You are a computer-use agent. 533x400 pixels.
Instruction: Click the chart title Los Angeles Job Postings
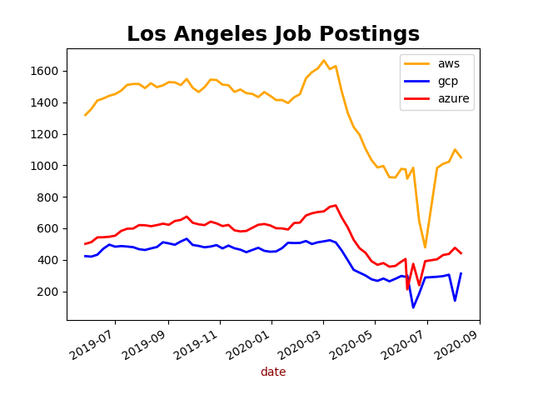(x=273, y=34)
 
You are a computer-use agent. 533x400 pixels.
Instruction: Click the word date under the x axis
(x=273, y=372)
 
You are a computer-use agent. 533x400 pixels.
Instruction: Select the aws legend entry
(x=448, y=64)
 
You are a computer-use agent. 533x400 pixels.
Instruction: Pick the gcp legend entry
(x=447, y=82)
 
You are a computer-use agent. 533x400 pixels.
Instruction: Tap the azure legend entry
(x=453, y=98)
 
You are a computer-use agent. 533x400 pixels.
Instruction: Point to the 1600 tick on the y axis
(x=49, y=71)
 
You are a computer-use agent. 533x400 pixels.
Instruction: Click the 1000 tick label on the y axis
(x=49, y=166)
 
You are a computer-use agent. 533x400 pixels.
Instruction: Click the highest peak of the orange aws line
(x=324, y=60)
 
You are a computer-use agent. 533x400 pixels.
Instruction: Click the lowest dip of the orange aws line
(x=425, y=247)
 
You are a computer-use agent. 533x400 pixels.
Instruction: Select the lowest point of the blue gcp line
(x=413, y=307)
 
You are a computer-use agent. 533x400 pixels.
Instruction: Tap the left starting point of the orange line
(x=85, y=115)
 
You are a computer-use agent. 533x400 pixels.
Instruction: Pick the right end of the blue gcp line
(x=461, y=273)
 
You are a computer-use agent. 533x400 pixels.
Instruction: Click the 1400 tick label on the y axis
(x=49, y=102)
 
